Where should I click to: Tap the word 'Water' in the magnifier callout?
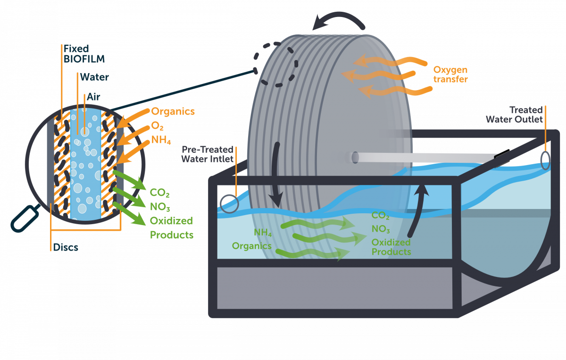94,76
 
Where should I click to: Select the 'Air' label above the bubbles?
93,97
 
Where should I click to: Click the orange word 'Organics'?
173,112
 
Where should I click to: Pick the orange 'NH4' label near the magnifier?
161,141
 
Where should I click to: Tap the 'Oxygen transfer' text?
450,75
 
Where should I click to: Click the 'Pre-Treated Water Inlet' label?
208,154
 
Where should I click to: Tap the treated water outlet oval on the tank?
546,160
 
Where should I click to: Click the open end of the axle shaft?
355,158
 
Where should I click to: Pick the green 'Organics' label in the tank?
251,246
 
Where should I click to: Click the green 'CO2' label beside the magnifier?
160,193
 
